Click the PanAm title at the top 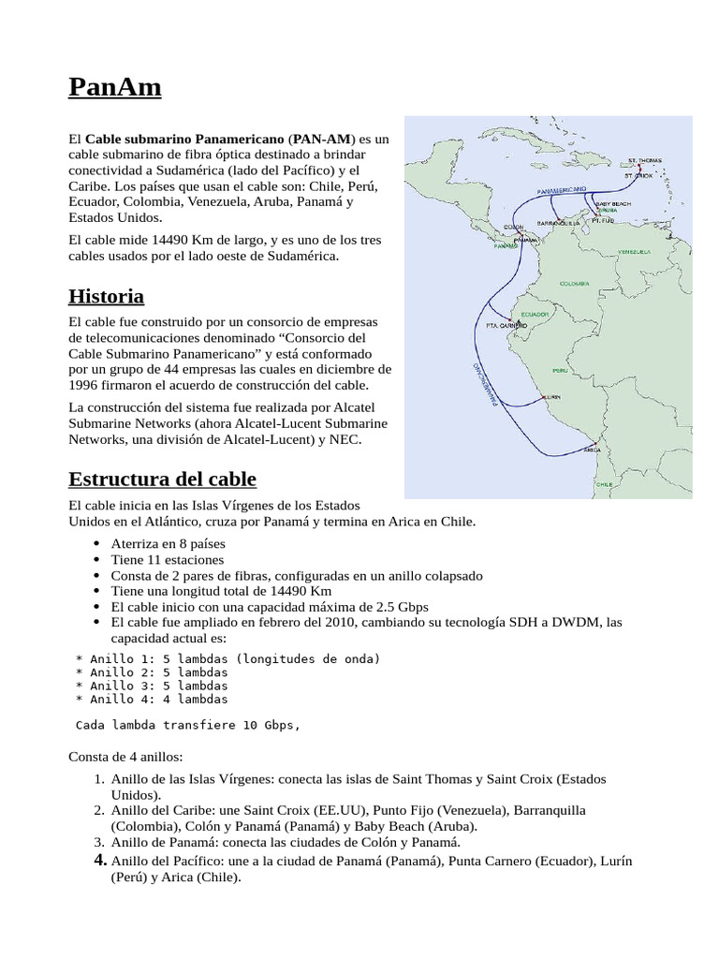tap(115, 87)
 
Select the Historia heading tap(106, 297)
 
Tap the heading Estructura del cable tap(162, 479)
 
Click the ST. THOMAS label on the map tap(644, 160)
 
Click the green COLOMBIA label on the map tap(573, 282)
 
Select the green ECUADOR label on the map tap(534, 314)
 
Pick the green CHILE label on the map tap(604, 484)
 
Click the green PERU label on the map tap(560, 371)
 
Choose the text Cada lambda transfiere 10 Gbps tap(187, 725)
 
